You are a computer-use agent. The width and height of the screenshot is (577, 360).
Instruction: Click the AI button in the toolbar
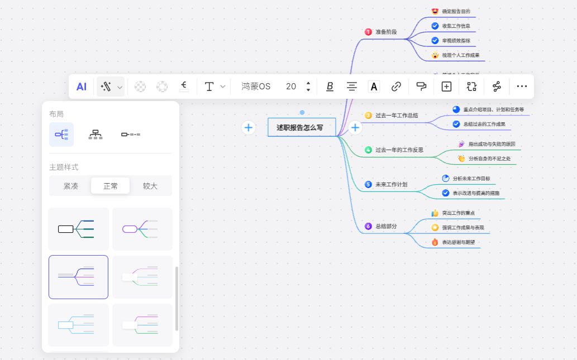82,87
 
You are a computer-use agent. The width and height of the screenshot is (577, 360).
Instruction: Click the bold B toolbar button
330,87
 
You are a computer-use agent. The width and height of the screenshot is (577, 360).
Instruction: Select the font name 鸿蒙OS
256,87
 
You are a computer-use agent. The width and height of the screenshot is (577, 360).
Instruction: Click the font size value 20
291,87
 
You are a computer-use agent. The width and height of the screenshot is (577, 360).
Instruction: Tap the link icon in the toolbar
396,87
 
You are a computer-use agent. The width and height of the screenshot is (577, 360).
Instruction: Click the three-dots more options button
522,87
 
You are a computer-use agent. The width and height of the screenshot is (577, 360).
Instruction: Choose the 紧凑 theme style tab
70,186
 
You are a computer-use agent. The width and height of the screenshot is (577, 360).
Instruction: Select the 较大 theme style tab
150,186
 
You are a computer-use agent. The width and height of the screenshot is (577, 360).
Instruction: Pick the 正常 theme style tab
111,186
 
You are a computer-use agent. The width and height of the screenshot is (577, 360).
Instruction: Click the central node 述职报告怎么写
301,127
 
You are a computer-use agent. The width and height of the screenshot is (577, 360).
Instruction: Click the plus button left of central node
249,127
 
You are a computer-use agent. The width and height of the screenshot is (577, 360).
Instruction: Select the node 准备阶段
386,32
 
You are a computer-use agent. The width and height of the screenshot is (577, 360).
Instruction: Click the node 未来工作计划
391,184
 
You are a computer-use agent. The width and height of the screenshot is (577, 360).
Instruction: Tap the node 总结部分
386,226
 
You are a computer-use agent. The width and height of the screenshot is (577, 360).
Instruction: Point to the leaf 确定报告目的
456,11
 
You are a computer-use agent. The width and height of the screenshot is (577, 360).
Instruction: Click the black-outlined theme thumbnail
79,229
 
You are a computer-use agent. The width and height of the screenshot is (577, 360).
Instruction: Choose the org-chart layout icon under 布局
96,135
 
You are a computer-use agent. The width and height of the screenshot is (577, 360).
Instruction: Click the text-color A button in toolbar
374,87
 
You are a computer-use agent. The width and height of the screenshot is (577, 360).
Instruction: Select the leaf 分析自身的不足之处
489,159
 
